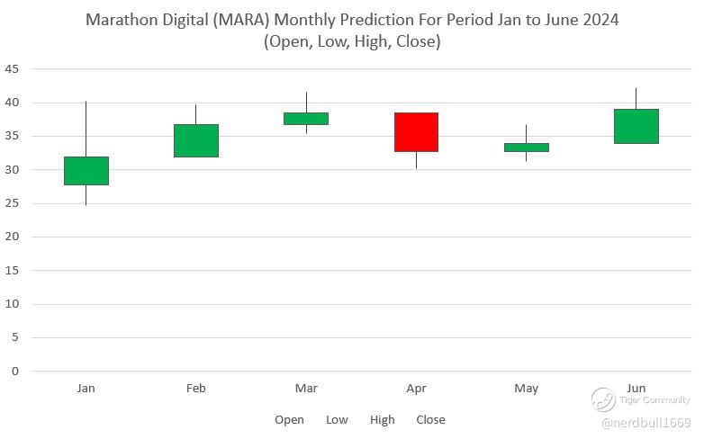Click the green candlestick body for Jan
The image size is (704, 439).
click(86, 171)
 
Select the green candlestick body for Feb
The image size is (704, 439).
click(196, 140)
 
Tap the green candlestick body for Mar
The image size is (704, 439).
click(306, 119)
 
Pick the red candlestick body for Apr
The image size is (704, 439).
click(416, 132)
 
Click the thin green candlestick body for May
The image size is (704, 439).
click(527, 148)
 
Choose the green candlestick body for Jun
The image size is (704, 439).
click(636, 126)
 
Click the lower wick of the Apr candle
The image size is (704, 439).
click(416, 160)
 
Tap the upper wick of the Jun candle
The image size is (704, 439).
click(636, 98)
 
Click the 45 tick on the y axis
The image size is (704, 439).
click(12, 69)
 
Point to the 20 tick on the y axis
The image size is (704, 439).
click(12, 237)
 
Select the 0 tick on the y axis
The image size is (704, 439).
click(15, 371)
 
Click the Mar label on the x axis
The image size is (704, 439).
click(306, 389)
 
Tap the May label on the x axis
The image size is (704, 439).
click(527, 389)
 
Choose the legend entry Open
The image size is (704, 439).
click(289, 420)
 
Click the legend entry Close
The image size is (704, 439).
click(430, 420)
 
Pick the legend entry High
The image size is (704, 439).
click(383, 420)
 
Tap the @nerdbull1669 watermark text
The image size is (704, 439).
click(645, 423)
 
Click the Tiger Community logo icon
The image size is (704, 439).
click(603, 399)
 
